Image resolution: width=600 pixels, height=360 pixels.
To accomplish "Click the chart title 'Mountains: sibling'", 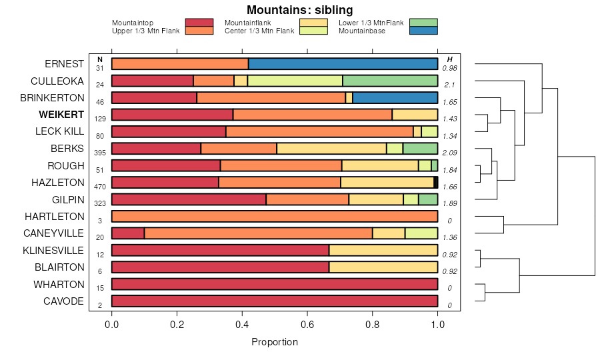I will coord(299,10).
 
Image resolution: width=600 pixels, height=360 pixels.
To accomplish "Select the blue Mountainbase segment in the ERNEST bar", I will coord(343,64).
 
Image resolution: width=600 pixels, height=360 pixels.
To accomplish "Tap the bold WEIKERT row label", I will coord(61,115).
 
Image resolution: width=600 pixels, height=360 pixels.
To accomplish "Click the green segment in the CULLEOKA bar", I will coord(390,81).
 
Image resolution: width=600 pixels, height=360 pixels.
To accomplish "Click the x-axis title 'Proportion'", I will coord(274,342).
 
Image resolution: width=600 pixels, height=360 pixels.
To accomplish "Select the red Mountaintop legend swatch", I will coord(199,23).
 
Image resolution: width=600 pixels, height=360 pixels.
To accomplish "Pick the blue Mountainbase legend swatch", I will coord(423,31).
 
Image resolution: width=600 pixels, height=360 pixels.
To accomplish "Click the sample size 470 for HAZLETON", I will coord(100,187).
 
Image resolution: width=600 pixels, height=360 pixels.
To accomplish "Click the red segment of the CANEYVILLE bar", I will coord(128,233).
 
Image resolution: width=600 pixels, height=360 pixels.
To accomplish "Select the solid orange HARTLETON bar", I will coord(275,217).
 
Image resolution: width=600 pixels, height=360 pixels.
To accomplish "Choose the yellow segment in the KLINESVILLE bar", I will coord(383,250).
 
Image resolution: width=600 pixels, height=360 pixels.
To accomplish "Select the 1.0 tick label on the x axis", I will coord(437,325).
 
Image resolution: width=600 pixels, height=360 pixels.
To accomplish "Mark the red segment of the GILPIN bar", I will coord(189,199).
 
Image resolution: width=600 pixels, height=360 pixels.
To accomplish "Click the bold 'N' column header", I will coord(100,60).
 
